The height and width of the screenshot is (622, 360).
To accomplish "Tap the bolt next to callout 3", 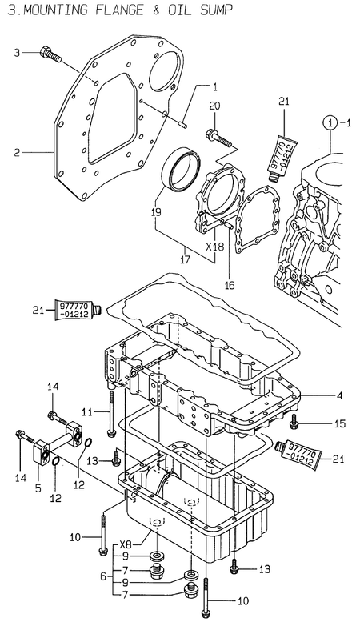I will (x=49, y=55).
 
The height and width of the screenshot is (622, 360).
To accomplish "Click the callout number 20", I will (x=214, y=106).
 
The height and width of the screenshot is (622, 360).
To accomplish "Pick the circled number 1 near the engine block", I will (x=329, y=123).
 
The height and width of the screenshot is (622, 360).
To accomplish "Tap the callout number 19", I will (x=155, y=213).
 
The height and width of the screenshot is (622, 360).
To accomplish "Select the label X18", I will (x=214, y=247).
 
